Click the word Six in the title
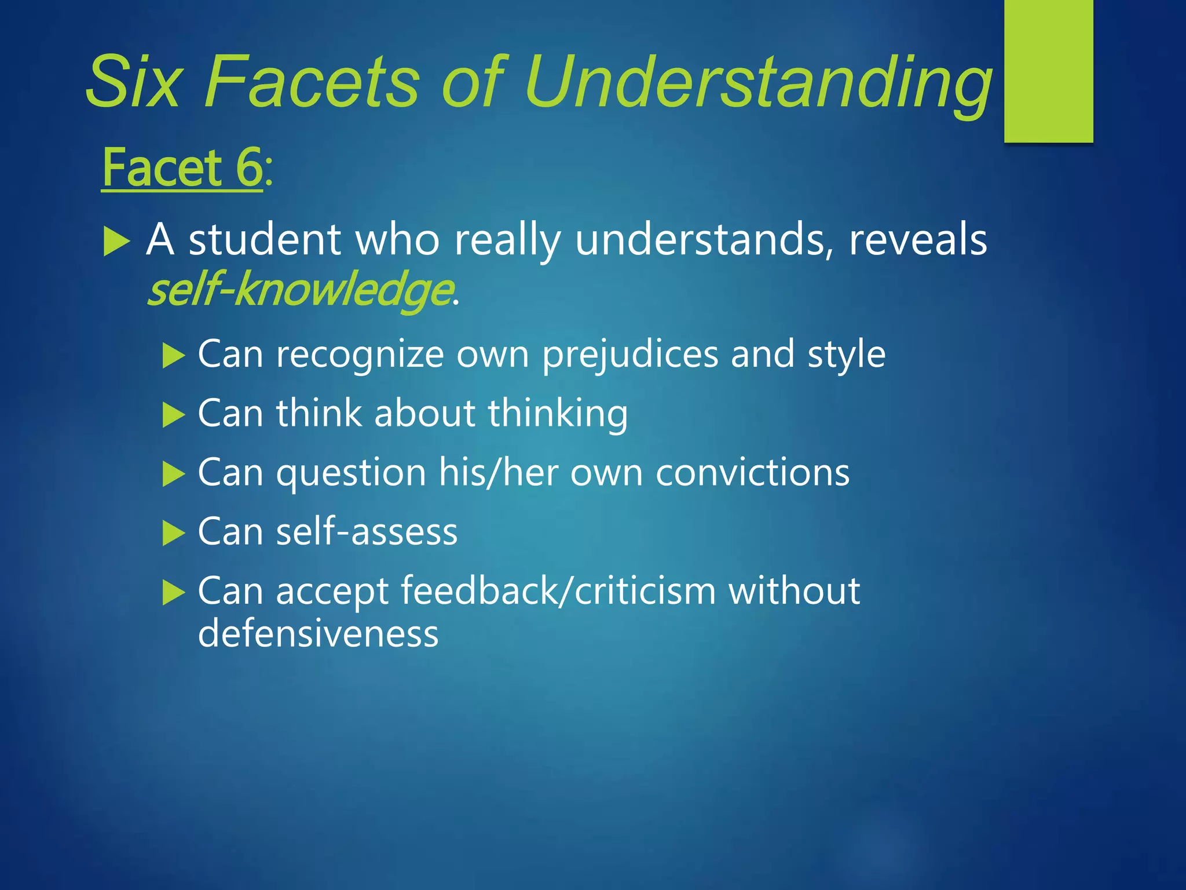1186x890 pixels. pyautogui.click(x=133, y=82)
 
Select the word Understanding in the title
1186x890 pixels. pyautogui.click(x=759, y=82)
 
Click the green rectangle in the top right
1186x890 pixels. pyautogui.click(x=1048, y=71)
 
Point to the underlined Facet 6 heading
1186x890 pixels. pyautogui.click(x=182, y=168)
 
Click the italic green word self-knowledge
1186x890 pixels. pyautogui.click(x=300, y=290)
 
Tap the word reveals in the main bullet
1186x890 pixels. pyautogui.click(x=918, y=239)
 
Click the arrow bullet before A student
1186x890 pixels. pyautogui.click(x=116, y=242)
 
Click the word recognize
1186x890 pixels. pyautogui.click(x=360, y=354)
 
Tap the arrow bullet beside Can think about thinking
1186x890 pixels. pyautogui.click(x=173, y=415)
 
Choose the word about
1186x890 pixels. pyautogui.click(x=425, y=414)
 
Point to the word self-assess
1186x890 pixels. pyautogui.click(x=367, y=531)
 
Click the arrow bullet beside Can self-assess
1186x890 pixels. pyautogui.click(x=173, y=533)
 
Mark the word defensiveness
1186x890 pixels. pyautogui.click(x=318, y=633)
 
